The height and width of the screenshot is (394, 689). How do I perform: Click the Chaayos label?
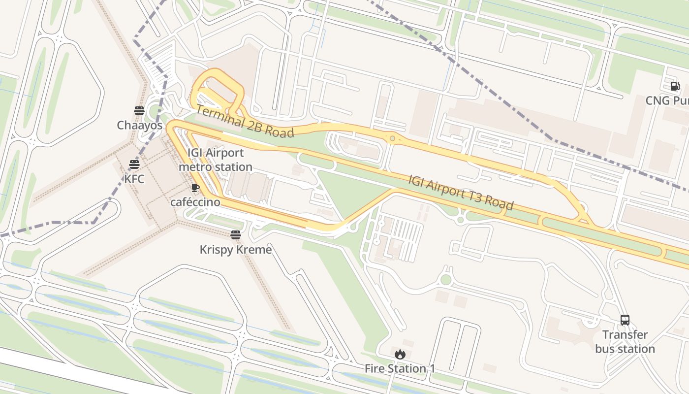coord(139,125)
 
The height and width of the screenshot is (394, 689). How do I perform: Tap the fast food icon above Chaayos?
coord(139,110)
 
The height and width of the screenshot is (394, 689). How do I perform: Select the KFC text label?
coord(134,179)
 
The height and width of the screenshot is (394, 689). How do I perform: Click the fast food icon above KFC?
coord(134,164)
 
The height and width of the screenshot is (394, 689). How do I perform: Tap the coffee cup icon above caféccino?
coord(195,188)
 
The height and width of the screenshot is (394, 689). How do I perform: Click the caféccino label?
coord(195,202)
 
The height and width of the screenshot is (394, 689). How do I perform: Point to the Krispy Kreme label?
coord(236,249)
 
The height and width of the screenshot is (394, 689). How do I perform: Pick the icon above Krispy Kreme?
coord(236,235)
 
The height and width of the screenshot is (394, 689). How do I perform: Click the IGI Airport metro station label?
coord(215,160)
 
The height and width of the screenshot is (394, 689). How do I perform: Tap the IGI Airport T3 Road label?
coord(461,192)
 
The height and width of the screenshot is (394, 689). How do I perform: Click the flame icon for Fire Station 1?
coord(400,354)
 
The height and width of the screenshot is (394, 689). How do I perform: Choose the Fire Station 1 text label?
coord(400,368)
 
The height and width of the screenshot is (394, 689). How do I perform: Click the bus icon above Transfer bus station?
coord(625,320)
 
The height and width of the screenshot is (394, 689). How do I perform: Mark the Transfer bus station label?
coord(625,342)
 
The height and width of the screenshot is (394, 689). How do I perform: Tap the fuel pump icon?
coord(675,86)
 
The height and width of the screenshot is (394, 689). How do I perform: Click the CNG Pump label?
coord(667,100)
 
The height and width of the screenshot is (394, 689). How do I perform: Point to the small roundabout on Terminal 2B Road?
coord(392,139)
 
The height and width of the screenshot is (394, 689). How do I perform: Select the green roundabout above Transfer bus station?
coord(446,280)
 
